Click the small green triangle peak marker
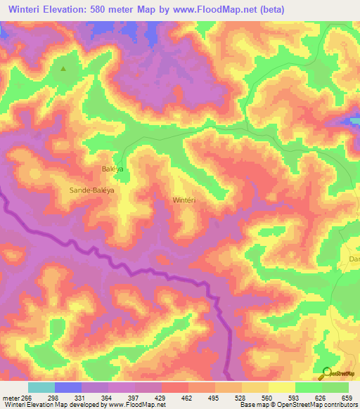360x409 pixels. [64, 69]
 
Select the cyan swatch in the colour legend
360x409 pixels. [41, 387]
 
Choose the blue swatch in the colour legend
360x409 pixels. [68, 387]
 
